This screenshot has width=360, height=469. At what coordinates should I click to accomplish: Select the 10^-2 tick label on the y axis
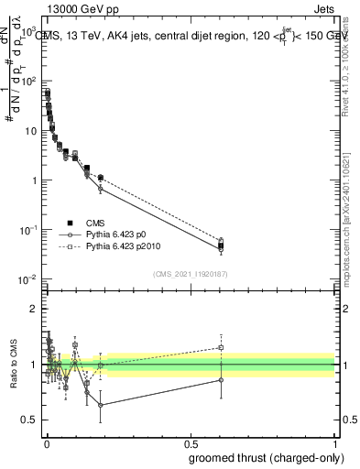(x=27, y=278)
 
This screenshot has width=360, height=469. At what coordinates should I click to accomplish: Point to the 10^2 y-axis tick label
(x=27, y=82)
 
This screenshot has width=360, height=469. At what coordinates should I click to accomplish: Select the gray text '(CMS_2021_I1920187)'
(x=190, y=274)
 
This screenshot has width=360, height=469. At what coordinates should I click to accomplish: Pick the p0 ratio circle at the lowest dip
(x=100, y=405)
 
